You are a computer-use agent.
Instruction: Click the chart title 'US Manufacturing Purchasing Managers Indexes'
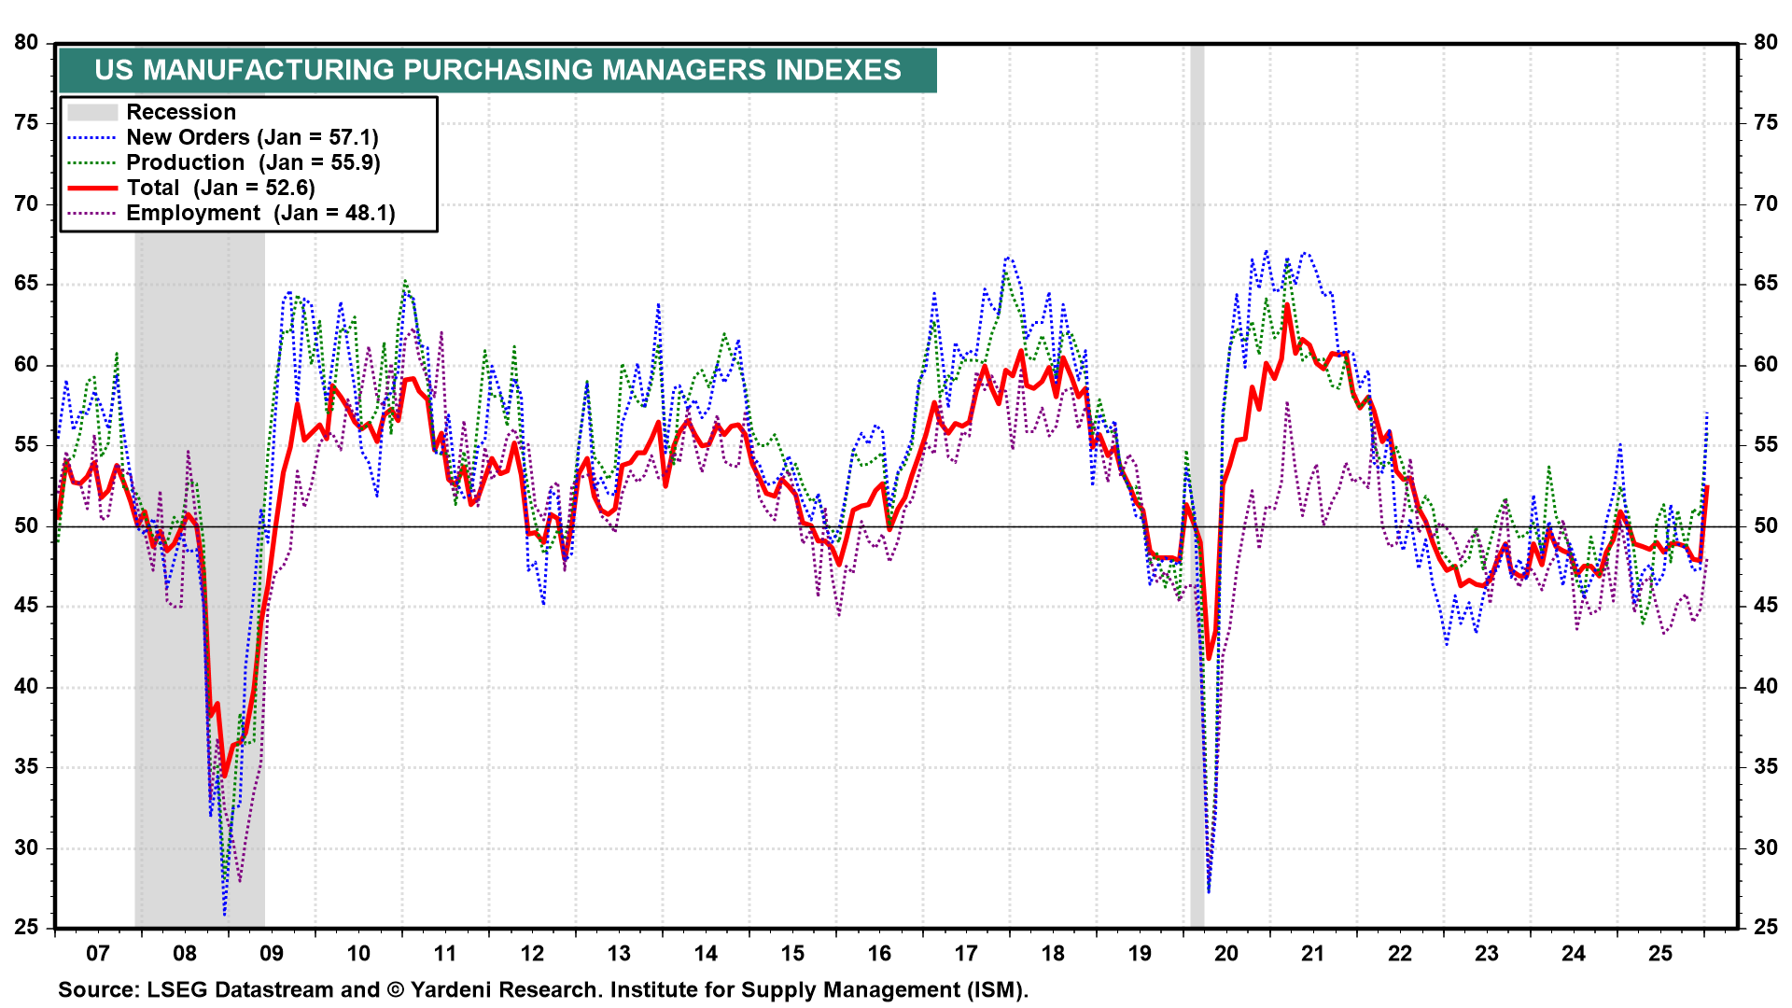tap(497, 70)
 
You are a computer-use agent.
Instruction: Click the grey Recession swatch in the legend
tap(92, 112)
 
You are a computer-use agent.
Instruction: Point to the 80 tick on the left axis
tap(26, 43)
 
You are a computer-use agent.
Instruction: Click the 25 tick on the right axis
tap(1765, 928)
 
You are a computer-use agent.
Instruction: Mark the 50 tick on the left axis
tap(26, 526)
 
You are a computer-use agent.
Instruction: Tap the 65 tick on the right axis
tap(1765, 284)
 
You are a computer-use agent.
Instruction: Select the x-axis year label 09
tap(272, 954)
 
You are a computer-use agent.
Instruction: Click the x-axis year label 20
tap(1226, 954)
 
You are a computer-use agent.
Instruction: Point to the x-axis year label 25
tap(1660, 954)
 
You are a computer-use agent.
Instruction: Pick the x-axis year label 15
tap(792, 954)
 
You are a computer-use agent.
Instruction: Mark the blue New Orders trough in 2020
tap(1209, 892)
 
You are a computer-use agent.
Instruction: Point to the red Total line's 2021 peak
tap(1287, 305)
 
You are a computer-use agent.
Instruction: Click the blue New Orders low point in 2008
tap(225, 914)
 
